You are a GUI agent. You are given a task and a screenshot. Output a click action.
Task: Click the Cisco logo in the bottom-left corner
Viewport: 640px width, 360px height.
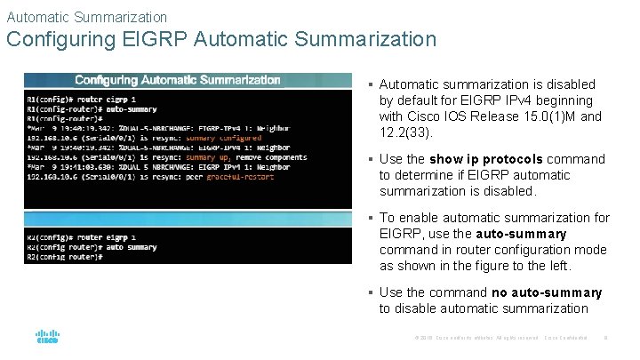coord(46,337)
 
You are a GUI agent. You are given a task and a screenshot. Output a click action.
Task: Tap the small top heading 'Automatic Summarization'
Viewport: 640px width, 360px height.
coord(86,16)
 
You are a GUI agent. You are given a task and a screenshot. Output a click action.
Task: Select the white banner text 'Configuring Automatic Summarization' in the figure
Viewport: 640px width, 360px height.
coord(178,80)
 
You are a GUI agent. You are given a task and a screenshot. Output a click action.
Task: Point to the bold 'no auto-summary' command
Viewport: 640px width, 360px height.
coord(546,292)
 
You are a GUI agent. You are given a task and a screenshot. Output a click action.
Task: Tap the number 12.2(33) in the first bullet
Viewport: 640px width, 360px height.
coord(405,132)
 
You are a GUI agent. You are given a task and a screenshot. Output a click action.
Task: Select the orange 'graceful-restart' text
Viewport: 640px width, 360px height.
coord(240,177)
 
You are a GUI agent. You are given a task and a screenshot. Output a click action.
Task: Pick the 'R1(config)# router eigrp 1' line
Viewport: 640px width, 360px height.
coord(81,99)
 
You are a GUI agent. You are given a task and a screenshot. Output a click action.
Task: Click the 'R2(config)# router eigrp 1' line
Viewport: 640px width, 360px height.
coord(81,237)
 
